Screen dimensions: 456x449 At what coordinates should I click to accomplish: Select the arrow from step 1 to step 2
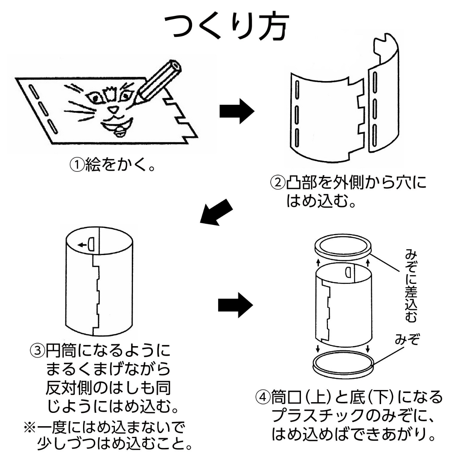coord(237,111)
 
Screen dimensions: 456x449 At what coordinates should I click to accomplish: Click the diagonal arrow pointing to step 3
coord(216,212)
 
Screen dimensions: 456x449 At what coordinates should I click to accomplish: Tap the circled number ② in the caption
coord(278,182)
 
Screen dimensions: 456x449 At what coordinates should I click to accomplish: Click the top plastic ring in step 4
coord(343,247)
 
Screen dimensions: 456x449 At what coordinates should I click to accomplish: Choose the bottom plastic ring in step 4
coord(343,364)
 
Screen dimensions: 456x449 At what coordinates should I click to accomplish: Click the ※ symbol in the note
coord(29,428)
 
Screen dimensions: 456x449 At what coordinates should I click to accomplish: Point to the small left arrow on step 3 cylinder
coord(80,244)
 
